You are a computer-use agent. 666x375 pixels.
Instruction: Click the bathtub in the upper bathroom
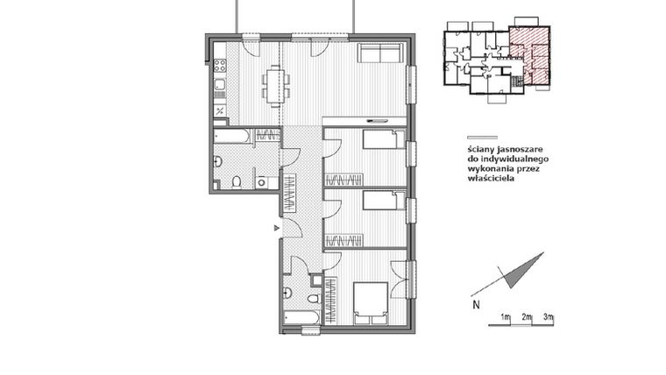(232, 136)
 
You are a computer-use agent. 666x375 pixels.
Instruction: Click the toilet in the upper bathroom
(237, 181)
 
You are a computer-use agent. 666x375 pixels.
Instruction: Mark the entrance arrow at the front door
(277, 228)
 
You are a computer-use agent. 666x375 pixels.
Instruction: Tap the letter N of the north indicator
(476, 306)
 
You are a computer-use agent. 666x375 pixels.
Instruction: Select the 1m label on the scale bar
(506, 315)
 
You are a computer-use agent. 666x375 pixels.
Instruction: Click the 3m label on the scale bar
(548, 315)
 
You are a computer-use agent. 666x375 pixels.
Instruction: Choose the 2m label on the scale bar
(527, 315)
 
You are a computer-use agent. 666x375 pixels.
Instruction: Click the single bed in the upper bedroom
(381, 139)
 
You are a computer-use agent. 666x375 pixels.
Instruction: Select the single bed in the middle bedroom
(381, 202)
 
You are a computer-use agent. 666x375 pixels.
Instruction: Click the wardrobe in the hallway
(288, 193)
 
